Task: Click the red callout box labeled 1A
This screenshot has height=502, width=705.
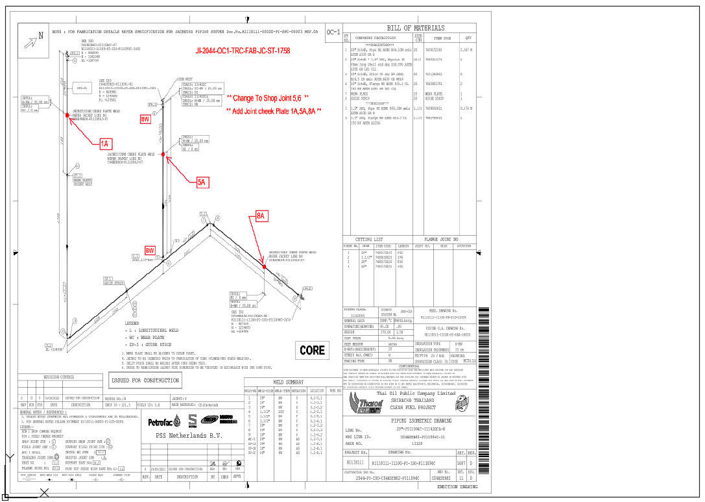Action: (x=106, y=144)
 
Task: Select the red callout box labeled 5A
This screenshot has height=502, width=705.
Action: (x=202, y=182)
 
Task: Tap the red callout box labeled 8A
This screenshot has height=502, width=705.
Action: (x=261, y=216)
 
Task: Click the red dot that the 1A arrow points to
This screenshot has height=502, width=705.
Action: (x=67, y=115)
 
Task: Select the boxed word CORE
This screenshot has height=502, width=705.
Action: (x=312, y=350)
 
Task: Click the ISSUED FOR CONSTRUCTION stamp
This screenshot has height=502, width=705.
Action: (x=145, y=381)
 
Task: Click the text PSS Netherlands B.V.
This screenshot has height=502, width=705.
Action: (x=182, y=435)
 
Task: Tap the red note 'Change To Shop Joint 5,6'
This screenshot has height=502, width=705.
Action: (x=267, y=98)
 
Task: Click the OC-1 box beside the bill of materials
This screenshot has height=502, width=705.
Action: (x=333, y=32)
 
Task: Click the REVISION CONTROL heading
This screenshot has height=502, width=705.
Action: (x=59, y=377)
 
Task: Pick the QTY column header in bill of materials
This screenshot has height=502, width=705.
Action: (x=468, y=38)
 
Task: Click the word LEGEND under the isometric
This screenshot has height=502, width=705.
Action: (x=132, y=323)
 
